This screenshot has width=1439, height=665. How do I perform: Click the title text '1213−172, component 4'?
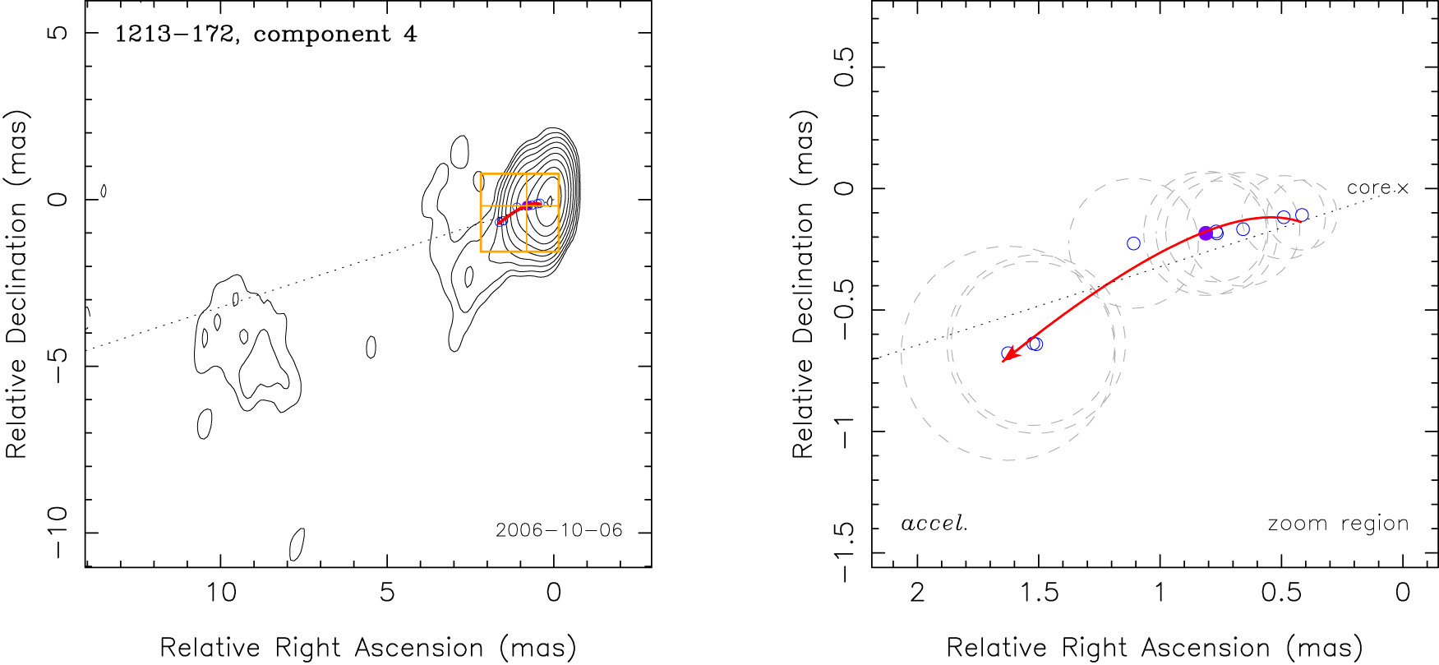[x=265, y=35]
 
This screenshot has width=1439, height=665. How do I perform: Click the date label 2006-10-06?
[x=559, y=530]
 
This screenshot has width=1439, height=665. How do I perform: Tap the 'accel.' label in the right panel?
[x=934, y=524]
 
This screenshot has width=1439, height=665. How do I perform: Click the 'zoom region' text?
[x=1338, y=524]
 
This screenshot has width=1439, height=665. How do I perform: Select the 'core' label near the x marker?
[x=1368, y=188]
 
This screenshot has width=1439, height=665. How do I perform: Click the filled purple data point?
[x=1206, y=233]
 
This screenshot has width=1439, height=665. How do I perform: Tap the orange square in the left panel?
[x=519, y=212]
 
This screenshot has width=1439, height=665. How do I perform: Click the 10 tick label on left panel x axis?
[x=220, y=593]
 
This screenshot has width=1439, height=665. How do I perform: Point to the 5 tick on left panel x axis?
[x=387, y=593]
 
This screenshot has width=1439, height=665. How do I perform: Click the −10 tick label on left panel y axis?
[x=58, y=533]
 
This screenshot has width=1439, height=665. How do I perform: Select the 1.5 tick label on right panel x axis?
[x=1039, y=593]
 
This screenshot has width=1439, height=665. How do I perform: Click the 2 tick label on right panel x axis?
[x=917, y=593]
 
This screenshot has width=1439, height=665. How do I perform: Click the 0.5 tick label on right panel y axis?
[x=844, y=67]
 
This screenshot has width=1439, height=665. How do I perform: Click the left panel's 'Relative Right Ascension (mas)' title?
[x=367, y=648]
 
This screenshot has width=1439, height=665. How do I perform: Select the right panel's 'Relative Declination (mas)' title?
[x=803, y=284]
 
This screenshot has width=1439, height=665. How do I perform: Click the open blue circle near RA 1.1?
[x=1133, y=243]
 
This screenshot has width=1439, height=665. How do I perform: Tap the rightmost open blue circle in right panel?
[x=1302, y=215]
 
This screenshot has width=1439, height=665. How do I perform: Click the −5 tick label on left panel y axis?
[x=58, y=366]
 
